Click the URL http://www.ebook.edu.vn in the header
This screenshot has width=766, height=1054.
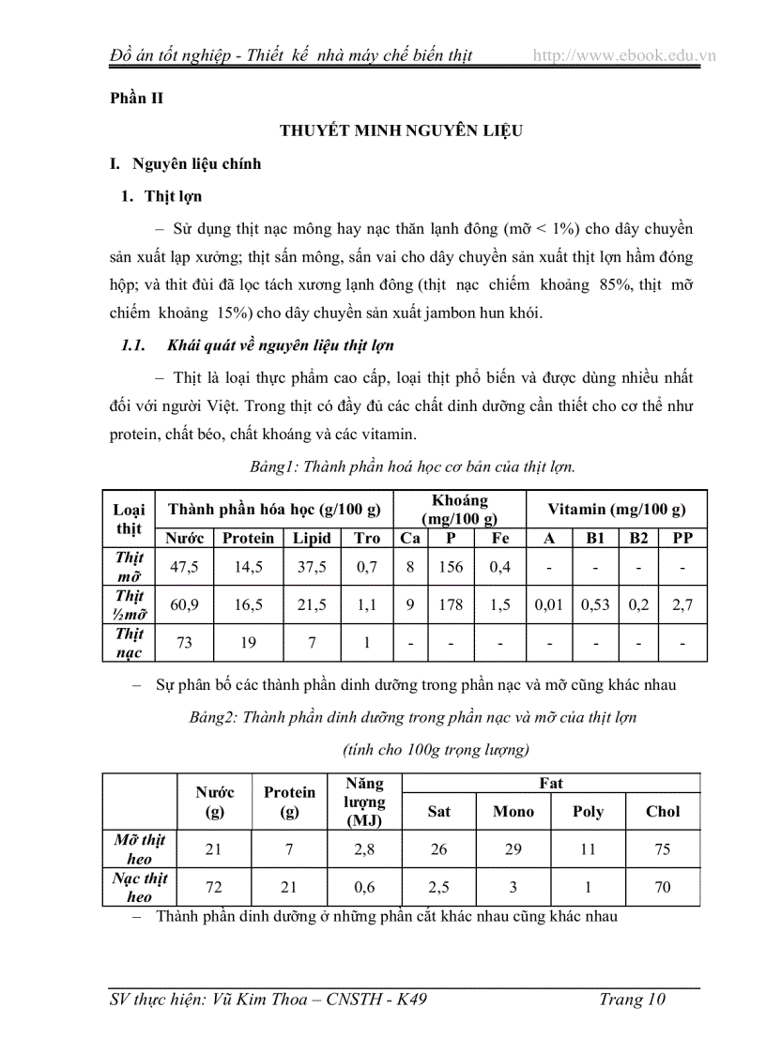(x=624, y=55)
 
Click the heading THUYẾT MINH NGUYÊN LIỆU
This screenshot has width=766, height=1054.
(x=401, y=130)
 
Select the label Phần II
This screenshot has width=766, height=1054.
(x=135, y=98)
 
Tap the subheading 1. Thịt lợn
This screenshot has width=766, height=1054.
(x=173, y=196)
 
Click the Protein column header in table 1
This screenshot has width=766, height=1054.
(x=248, y=538)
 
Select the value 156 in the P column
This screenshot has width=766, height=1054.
(x=451, y=567)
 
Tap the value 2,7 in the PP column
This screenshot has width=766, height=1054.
(x=682, y=605)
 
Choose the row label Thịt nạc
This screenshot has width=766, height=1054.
(x=129, y=643)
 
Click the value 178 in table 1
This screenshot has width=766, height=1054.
(x=451, y=605)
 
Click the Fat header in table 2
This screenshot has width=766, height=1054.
(x=551, y=783)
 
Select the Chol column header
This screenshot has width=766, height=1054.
(x=663, y=811)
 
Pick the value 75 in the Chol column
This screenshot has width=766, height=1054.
(x=663, y=849)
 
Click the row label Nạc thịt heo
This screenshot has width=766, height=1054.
(x=139, y=887)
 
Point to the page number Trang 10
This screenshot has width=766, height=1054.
(x=632, y=1000)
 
